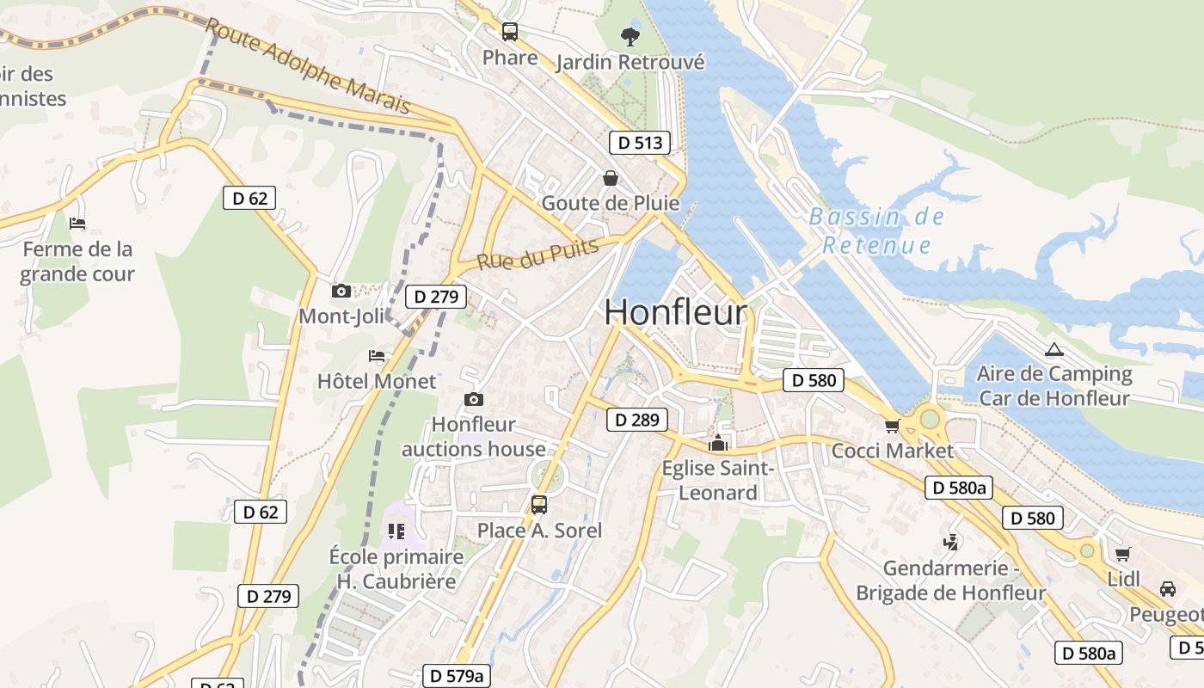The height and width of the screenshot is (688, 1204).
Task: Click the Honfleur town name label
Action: pos(675,312)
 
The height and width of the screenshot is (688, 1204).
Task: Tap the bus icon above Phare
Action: pos(510,33)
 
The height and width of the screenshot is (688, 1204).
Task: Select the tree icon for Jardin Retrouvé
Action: pos(630,36)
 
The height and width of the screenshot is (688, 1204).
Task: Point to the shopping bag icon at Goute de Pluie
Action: pos(610,178)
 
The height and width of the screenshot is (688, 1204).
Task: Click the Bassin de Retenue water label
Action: pos(876,231)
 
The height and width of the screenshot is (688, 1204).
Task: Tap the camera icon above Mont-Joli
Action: pos(341,291)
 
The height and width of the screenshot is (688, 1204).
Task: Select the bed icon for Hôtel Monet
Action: pos(377,355)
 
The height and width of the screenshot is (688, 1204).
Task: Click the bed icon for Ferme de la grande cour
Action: pos(77,224)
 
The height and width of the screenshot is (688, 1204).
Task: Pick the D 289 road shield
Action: pos(637,420)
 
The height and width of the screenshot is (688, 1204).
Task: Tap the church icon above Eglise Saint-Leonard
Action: pos(717,444)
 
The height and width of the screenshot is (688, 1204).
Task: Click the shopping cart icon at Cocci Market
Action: pos(892,426)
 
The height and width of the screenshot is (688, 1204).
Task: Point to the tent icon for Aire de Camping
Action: pos(1053,350)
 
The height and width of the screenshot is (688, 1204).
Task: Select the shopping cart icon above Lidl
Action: pos(1122,554)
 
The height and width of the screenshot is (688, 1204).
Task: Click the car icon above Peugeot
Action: pos(1167,589)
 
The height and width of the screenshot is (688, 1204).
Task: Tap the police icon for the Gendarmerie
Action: pos(950,543)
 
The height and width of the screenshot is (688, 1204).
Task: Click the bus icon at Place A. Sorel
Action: pos(539,505)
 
